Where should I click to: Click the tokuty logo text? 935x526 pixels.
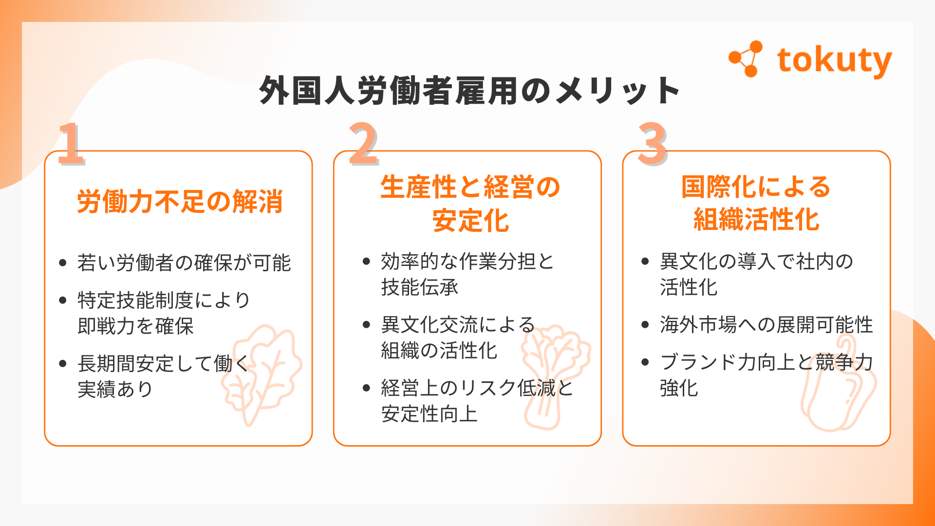click(834, 61)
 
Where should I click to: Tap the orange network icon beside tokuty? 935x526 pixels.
click(746, 59)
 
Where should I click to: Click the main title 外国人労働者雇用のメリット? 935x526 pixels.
click(469, 91)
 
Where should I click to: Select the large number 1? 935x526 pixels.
click(71, 144)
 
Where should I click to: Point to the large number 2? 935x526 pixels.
click(363, 144)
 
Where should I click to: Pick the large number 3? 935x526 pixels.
click(653, 144)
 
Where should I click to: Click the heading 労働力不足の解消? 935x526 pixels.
click(180, 202)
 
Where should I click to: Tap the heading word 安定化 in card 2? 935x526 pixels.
click(470, 221)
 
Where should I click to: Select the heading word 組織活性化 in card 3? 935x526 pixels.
click(756, 219)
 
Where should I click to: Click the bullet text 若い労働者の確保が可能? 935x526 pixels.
click(184, 263)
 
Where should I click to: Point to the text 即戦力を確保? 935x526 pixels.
click(135, 326)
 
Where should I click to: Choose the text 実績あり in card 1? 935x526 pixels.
click(115, 389)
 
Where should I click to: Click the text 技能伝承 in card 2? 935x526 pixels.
click(419, 287)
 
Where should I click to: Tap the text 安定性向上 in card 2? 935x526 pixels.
click(429, 414)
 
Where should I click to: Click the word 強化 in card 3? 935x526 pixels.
click(679, 388)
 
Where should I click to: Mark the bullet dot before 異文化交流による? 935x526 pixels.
click(367, 325)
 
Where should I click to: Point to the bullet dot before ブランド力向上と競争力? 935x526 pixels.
click(645, 362)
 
